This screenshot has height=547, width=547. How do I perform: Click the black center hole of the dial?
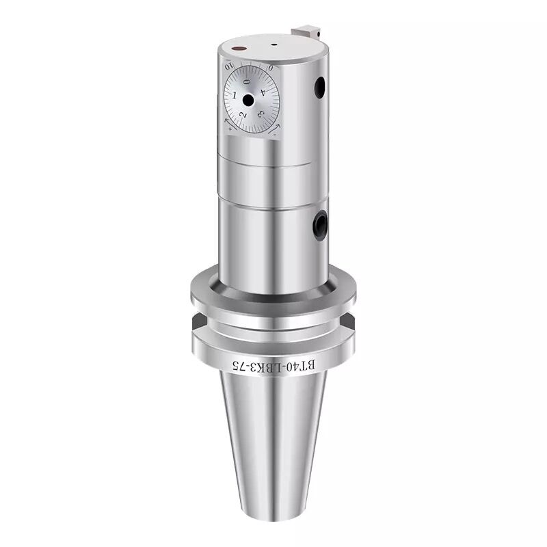248,101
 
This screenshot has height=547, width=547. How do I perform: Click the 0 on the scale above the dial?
271,68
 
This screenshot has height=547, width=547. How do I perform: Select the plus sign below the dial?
228,127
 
